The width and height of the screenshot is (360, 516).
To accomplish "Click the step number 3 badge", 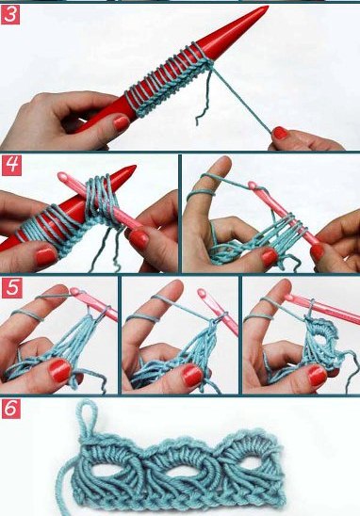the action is [x=10, y=15].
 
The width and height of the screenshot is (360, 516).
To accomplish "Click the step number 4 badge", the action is [x=11, y=165].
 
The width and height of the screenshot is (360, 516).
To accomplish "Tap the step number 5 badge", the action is [x=11, y=287].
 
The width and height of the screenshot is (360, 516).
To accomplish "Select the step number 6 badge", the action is [x=11, y=409].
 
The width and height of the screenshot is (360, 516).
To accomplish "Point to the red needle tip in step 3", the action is [x=267, y=8].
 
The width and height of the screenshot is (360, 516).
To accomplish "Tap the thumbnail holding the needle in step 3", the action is [x=122, y=123].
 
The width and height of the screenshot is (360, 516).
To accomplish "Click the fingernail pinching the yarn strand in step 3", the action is [x=280, y=133].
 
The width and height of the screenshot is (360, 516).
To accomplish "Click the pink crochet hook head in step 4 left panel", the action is [x=61, y=176].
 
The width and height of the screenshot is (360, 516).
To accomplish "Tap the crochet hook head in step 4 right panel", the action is [x=252, y=185].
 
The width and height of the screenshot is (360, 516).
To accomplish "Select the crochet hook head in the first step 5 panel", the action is [x=74, y=292].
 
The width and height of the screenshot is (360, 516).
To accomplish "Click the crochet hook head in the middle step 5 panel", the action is [x=202, y=293].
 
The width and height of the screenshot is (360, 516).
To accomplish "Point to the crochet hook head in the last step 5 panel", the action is [x=289, y=298].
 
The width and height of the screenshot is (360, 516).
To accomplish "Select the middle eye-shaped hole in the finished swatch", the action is [x=181, y=471].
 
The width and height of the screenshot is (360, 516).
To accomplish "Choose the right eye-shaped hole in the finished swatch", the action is [x=252, y=463].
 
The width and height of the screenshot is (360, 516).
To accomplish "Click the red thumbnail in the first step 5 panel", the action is [x=59, y=370].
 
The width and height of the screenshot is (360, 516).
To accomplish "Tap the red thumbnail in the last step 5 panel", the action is [x=317, y=376].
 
